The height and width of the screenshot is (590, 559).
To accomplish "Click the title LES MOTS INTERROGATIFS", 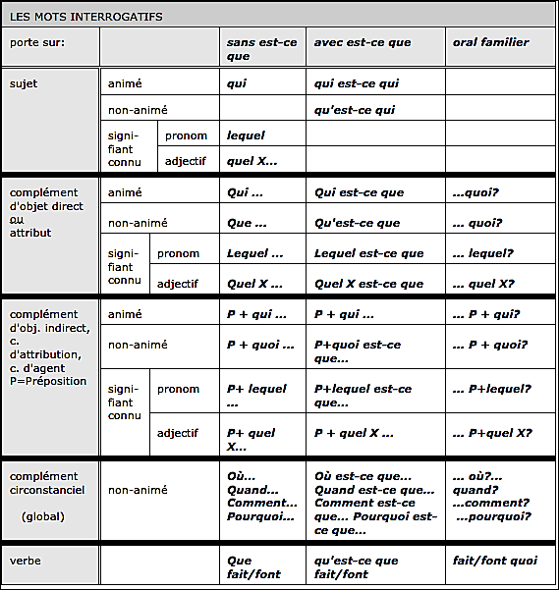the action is coord(86,17).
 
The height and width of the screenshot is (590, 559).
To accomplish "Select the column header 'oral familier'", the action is coord(490,42).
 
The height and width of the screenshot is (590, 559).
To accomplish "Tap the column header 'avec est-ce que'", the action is coord(363,42).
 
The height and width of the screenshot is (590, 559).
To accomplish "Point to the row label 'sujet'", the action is coord(24,83).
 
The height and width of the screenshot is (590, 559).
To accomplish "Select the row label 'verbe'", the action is coord(26,561).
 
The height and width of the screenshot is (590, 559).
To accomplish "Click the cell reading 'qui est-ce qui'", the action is coord(356,83).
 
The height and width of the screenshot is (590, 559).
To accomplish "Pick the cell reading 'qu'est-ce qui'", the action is coord(355,110).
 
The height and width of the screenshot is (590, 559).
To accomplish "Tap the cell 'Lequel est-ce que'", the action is coord(368,253).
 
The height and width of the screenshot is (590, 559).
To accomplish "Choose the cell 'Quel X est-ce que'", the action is coord(368,284).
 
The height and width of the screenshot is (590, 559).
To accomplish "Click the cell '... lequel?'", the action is coord(482,253).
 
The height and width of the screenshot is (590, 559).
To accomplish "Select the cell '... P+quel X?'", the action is coord(492,433).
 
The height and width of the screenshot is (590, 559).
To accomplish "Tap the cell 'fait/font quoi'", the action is coord(495,561).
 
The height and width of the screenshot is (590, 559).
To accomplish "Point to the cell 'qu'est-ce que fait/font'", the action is coord(356,566).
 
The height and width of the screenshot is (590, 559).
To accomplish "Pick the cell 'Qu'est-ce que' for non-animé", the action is coord(357,223).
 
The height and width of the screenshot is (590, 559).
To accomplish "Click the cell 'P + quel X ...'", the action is coord(353,433).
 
